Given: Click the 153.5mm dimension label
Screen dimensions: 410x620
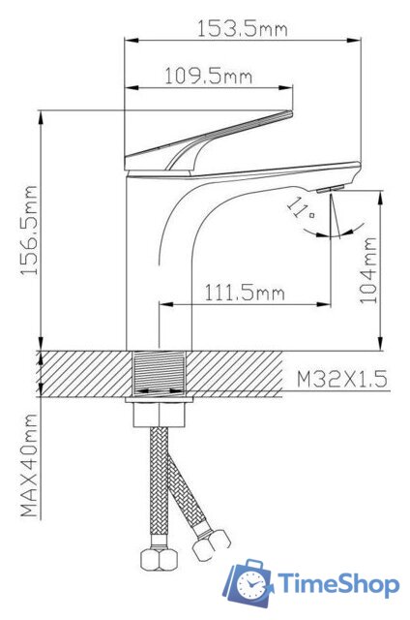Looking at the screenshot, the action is pyautogui.click(x=243, y=28).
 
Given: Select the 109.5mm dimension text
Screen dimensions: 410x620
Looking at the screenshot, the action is pyautogui.click(x=208, y=76).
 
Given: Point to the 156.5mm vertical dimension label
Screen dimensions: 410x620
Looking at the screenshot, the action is pyautogui.click(x=29, y=231).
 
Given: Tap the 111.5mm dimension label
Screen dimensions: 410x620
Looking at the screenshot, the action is pyautogui.click(x=245, y=293).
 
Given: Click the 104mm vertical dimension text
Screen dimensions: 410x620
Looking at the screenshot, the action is pyautogui.click(x=368, y=271).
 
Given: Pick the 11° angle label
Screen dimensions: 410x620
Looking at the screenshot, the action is pyautogui.click(x=302, y=208).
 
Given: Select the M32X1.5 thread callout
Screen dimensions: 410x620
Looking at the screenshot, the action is pyautogui.click(x=342, y=380).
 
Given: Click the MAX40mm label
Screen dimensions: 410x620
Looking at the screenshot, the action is pyautogui.click(x=29, y=465).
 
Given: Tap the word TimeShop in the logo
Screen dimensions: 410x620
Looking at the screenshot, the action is pyautogui.click(x=338, y=584).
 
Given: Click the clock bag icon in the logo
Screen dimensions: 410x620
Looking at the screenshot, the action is pyautogui.click(x=248, y=582).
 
